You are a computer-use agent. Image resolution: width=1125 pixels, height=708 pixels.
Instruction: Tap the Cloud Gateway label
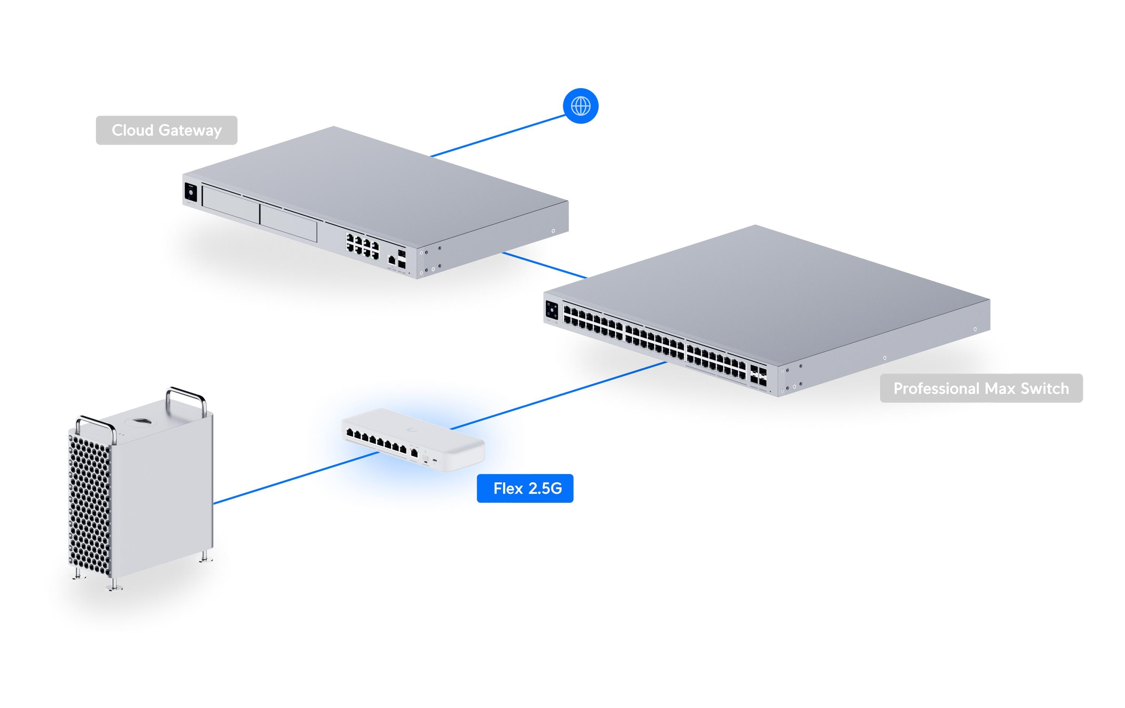(166, 130)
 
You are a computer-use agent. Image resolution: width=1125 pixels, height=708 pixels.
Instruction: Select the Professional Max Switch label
(981, 388)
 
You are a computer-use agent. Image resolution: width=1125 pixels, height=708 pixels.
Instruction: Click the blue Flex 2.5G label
(525, 488)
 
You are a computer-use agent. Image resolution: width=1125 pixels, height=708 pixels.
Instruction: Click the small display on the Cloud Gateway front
(190, 192)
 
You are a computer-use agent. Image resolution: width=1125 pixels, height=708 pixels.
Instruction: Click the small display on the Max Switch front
(551, 310)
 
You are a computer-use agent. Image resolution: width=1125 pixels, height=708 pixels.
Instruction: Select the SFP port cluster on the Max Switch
(758, 375)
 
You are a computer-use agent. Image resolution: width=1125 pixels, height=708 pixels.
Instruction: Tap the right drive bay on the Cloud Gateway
(289, 223)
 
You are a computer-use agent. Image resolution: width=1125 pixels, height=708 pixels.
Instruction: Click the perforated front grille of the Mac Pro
(90, 500)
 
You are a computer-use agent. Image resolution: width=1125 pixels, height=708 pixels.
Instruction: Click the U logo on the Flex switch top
(412, 430)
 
